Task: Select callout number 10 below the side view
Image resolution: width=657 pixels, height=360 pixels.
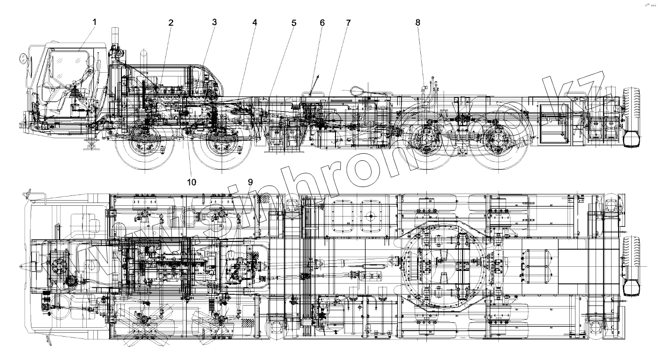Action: click(192, 181)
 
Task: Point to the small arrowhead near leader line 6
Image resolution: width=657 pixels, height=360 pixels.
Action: click(318, 75)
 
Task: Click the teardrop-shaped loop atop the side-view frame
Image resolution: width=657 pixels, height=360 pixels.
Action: click(358, 89)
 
